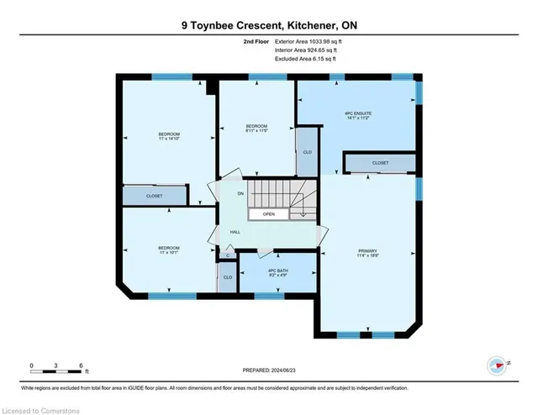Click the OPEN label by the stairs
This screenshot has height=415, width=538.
269,214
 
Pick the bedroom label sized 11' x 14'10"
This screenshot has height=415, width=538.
169,137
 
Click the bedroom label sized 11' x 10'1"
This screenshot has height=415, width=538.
169,251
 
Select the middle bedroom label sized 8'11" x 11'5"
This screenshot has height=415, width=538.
256,127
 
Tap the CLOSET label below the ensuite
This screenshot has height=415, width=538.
380,163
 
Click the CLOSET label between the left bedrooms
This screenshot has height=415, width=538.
155,196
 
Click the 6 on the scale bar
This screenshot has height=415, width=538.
80,365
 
